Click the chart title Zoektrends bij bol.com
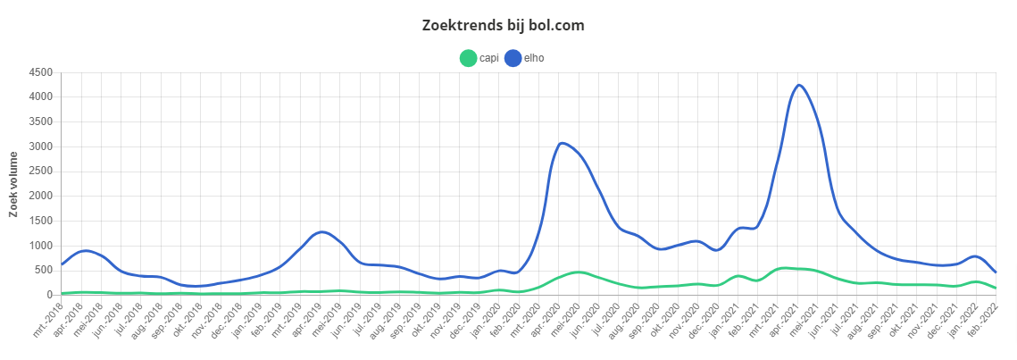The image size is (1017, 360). (x=504, y=25)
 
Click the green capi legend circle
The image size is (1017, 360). (x=468, y=58)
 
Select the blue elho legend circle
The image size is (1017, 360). (x=513, y=58)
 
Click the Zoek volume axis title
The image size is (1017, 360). (x=13, y=184)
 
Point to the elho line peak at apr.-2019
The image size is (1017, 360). (x=322, y=232)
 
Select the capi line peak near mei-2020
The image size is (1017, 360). (x=578, y=272)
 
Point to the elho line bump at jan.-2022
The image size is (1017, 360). (x=973, y=256)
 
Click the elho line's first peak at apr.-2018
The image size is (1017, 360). (x=85, y=251)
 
